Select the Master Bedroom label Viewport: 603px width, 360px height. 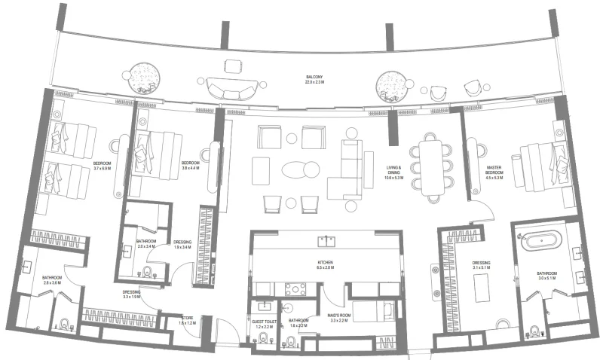tap(494, 169)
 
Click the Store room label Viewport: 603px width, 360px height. tap(187, 318)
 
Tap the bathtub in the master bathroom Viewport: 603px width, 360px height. tap(542, 243)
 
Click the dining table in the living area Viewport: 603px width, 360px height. tap(432, 166)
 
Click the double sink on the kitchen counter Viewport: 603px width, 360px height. tap(327, 241)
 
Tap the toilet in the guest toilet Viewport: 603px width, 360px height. tap(263, 337)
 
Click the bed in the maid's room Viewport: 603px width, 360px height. tap(373, 311)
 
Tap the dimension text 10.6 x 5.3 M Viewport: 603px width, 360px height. tap(394, 178)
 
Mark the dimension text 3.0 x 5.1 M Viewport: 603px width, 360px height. tap(546, 278)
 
